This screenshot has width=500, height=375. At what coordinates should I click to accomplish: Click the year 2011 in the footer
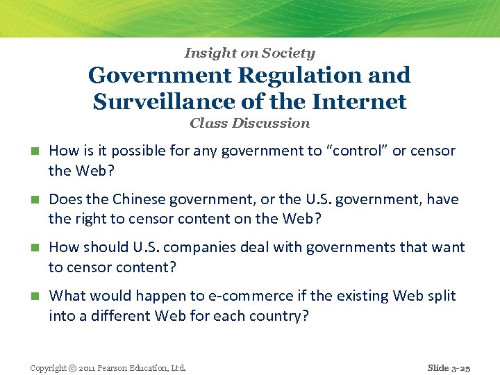pos(88,368)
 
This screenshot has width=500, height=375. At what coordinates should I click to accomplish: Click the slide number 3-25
pos(459,368)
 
